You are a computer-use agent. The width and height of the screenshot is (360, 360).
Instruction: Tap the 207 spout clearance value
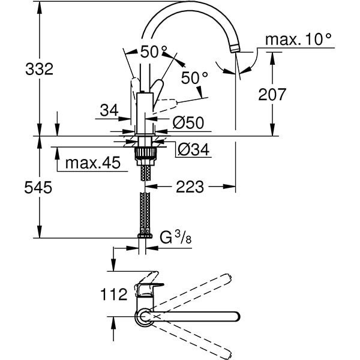[273, 94]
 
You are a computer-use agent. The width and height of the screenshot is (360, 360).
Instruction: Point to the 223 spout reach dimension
[190, 187]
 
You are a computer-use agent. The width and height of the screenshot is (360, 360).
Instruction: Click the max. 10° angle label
[299, 40]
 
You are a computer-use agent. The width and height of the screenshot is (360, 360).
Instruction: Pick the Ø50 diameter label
[188, 123]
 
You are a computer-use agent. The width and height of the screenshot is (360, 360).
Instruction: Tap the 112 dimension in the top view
[114, 294]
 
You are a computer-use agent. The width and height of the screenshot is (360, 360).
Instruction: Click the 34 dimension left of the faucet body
[109, 110]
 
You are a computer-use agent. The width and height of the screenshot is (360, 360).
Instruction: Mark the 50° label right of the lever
[194, 77]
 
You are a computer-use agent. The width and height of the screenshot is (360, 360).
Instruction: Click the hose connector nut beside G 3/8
[144, 236]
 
